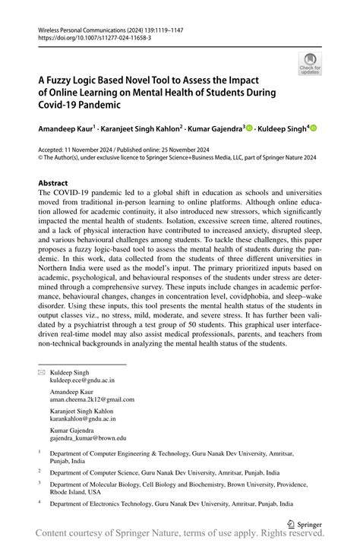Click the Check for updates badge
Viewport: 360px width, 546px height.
click(310, 65)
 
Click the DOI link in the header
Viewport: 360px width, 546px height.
click(85, 36)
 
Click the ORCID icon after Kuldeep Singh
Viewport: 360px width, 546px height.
click(312, 129)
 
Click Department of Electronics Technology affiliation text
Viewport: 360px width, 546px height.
click(116, 502)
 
